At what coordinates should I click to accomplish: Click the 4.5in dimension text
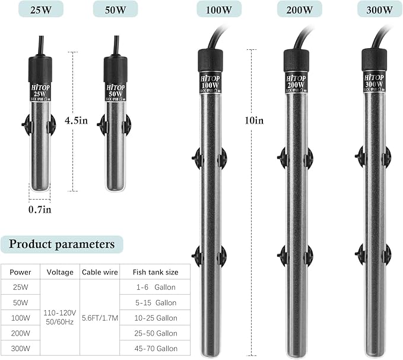tap(76, 120)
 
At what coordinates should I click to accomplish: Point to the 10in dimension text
tap(254, 120)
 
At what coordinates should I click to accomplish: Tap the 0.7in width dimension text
tap(40, 210)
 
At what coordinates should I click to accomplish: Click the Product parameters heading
tap(62, 244)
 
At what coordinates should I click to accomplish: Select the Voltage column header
tap(60, 272)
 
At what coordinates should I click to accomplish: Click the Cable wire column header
tap(99, 272)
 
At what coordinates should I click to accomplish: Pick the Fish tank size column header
tap(155, 272)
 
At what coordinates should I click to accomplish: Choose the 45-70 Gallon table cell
tap(154, 349)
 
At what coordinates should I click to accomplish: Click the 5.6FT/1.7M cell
tap(100, 318)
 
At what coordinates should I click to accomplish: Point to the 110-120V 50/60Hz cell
tap(60, 318)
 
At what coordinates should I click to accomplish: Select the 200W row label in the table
tap(21, 333)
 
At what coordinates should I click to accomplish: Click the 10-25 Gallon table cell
tap(154, 318)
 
